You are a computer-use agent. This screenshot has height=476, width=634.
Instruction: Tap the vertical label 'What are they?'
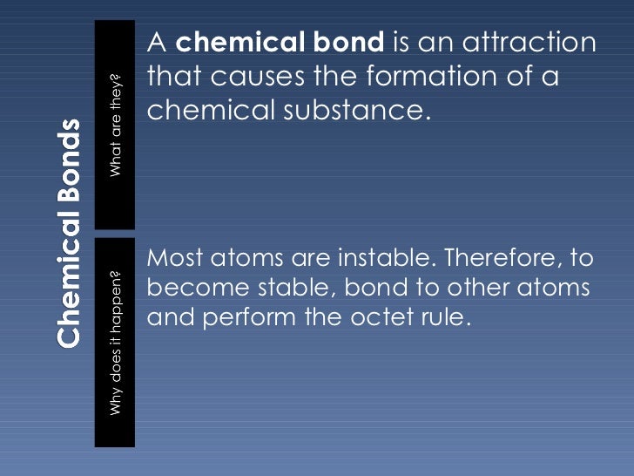pyautogui.click(x=117, y=125)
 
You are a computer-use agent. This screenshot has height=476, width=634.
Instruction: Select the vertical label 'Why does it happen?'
pyautogui.click(x=117, y=341)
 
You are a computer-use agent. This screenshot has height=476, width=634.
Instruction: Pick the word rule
pyautogui.click(x=449, y=317)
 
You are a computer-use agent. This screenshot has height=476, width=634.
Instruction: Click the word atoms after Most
pyautogui.click(x=247, y=259)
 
